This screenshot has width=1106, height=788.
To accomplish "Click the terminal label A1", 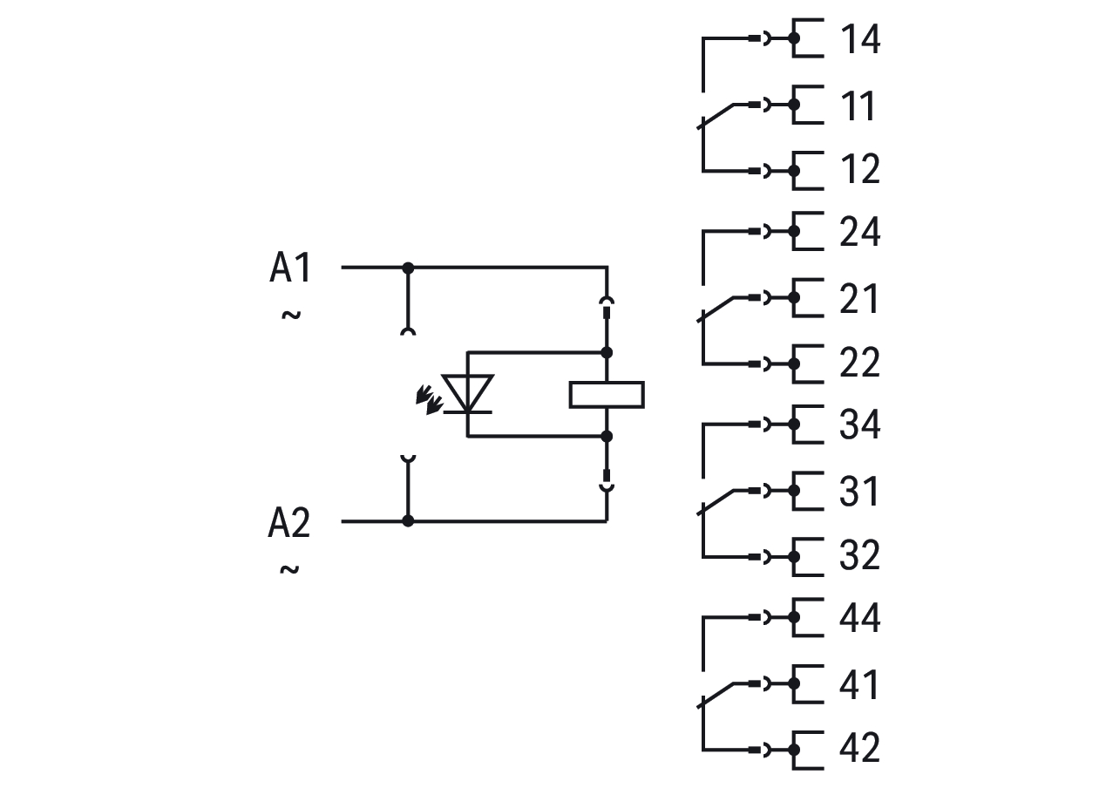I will point(290,268).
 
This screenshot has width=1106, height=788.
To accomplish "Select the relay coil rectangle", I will point(607,394).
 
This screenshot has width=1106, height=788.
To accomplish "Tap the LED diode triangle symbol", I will point(468,393).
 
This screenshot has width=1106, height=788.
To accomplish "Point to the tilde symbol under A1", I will point(291,314).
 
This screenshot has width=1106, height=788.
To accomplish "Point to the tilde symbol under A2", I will point(290,569).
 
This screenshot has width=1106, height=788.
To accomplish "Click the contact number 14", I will point(860,40).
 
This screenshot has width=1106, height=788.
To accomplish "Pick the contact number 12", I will point(860,169).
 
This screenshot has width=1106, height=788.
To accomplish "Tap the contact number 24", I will point(860,233).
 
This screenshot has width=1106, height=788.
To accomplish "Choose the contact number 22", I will point(860,363).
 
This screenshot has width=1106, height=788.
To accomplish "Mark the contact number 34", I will point(860,425).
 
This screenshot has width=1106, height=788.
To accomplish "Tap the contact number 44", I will point(860,619).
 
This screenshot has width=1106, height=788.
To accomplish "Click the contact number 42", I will point(860,749).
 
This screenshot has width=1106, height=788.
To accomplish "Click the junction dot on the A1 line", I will point(408,267).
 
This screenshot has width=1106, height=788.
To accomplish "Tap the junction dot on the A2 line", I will point(408,521).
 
